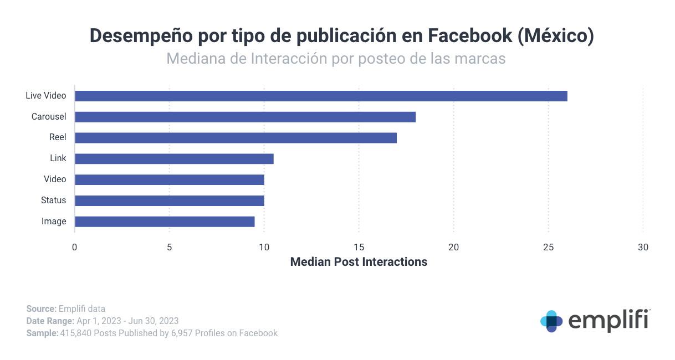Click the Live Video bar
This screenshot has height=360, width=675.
click(x=321, y=96)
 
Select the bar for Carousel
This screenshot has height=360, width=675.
click(x=245, y=117)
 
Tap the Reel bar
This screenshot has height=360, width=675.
click(x=236, y=138)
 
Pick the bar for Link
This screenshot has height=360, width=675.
click(x=174, y=159)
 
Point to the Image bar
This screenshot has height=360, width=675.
click(x=165, y=222)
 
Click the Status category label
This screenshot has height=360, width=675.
click(x=53, y=200)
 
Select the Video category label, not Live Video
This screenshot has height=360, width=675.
click(x=55, y=179)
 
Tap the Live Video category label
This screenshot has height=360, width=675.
click(x=45, y=96)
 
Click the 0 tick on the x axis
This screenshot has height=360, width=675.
click(x=75, y=247)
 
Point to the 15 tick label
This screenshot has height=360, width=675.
click(x=359, y=247)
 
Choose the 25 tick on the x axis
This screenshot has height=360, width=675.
click(x=549, y=247)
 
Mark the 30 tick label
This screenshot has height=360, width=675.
click(x=643, y=247)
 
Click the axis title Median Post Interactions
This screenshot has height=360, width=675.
click(x=359, y=262)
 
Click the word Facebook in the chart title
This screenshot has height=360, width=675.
click(x=470, y=36)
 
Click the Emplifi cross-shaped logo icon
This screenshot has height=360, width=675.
click(x=551, y=321)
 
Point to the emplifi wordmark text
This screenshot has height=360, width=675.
click(x=608, y=321)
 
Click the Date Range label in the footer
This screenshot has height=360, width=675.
click(x=50, y=321)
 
